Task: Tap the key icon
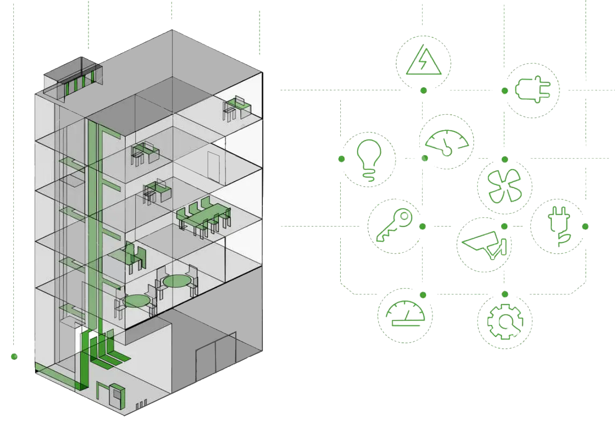pos(394,226)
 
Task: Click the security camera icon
pos(483,244)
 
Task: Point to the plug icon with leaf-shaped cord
pos(558,226)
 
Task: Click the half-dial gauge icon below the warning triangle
pos(446,142)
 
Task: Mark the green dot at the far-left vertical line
pos(14,356)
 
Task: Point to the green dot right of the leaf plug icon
pos(585,226)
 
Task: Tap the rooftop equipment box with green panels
pos(74,79)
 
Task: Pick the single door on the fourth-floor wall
pos(214,168)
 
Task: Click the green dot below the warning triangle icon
pos(423,90)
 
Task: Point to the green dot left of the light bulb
pos(341,159)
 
